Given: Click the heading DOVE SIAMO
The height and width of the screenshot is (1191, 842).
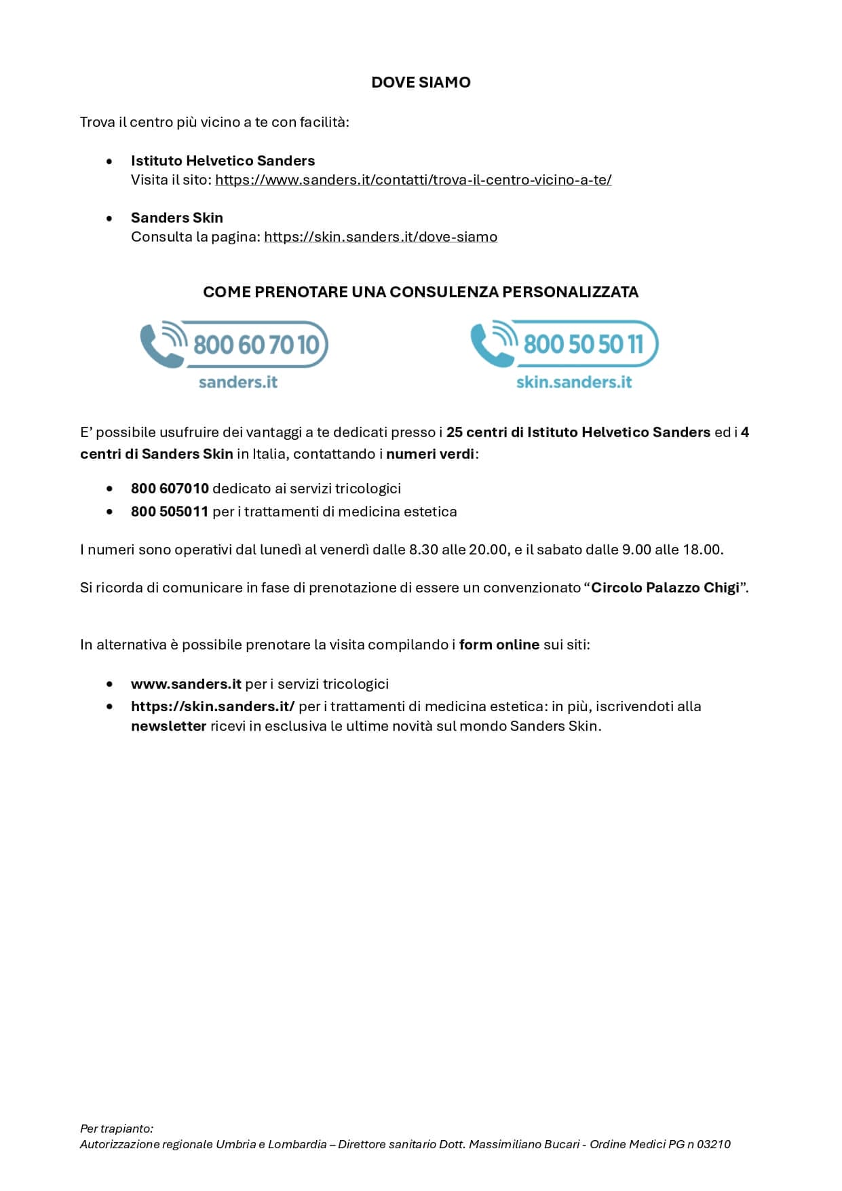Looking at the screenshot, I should click(x=421, y=82).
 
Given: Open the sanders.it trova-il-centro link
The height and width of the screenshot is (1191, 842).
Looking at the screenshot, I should click(x=413, y=180).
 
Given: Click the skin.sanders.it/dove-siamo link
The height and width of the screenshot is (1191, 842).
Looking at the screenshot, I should click(x=381, y=237).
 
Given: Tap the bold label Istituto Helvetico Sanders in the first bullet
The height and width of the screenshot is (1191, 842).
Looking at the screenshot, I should click(x=223, y=161).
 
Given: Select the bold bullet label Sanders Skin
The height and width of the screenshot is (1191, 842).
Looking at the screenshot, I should click(x=176, y=218).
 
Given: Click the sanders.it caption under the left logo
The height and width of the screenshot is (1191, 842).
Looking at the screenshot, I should click(x=238, y=382).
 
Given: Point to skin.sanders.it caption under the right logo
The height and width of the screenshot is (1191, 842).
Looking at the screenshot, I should click(x=574, y=382).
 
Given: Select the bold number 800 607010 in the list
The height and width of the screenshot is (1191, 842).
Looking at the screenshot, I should click(x=170, y=489).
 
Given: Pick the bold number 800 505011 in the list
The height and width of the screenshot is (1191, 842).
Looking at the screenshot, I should click(x=170, y=512).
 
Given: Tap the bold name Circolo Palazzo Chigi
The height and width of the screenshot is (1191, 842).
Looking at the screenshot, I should click(x=665, y=588).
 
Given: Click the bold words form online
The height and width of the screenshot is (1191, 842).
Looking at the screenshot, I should click(x=499, y=645).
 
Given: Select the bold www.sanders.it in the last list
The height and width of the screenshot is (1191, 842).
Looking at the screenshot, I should click(x=186, y=684).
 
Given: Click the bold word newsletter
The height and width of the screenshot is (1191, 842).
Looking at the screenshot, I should click(x=168, y=726).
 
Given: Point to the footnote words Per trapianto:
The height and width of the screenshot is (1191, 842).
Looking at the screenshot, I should click(x=117, y=1129).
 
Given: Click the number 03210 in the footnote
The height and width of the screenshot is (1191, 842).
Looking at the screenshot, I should click(x=714, y=1144).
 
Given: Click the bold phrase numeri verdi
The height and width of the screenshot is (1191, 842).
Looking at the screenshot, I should click(x=430, y=454).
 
